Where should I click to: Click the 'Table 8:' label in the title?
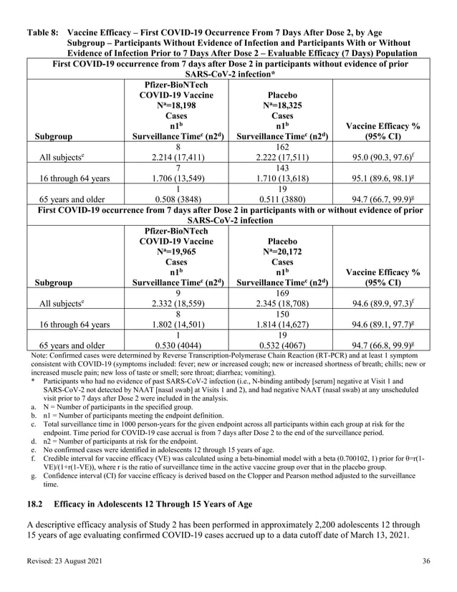pos(42,32)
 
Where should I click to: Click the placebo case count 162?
pos(282,147)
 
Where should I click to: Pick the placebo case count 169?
pos(282,292)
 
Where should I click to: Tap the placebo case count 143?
pos(282,165)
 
